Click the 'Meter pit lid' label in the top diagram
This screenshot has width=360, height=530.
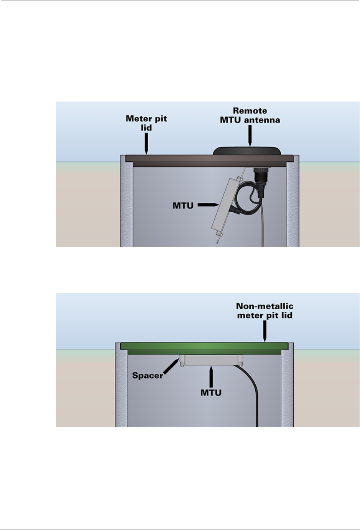point(146,123)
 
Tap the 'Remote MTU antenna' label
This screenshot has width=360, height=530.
point(250,115)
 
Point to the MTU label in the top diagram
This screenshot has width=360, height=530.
point(183,205)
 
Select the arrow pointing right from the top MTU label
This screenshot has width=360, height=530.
point(207,205)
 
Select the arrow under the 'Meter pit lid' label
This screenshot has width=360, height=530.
point(146,143)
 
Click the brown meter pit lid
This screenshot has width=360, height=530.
point(173,158)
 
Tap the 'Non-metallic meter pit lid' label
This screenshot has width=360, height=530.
point(265,311)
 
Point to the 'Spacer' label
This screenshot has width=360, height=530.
point(148,376)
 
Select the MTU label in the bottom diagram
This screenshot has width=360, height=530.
point(211,392)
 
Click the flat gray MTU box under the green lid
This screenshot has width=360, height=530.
point(211,360)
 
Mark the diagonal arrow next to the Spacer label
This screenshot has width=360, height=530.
point(171,367)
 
